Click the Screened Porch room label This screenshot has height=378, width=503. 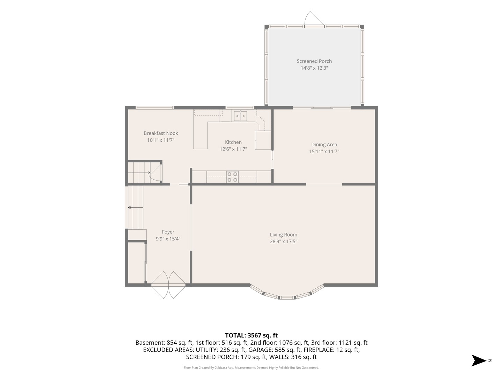(314, 61)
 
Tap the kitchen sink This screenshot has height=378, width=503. (240, 116)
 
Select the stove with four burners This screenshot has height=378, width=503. (232, 177)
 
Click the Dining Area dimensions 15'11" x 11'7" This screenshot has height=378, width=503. (324, 152)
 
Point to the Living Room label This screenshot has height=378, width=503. (284, 234)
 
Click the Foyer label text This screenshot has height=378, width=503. (168, 232)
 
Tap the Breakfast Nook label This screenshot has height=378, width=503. (161, 133)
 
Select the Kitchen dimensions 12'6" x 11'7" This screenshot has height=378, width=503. (233, 149)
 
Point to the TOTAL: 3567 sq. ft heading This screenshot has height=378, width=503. (251, 335)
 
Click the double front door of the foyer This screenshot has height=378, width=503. (168, 285)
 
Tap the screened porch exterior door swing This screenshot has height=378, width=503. (314, 18)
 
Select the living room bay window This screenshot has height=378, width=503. (287, 293)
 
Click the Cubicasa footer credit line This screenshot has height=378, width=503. (251, 367)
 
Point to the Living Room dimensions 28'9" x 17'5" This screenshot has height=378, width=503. (284, 241)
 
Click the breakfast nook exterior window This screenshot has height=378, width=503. (155, 108)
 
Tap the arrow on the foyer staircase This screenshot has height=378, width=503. (136, 208)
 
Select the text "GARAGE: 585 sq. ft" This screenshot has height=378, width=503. (275, 350)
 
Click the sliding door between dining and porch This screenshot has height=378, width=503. (322, 107)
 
